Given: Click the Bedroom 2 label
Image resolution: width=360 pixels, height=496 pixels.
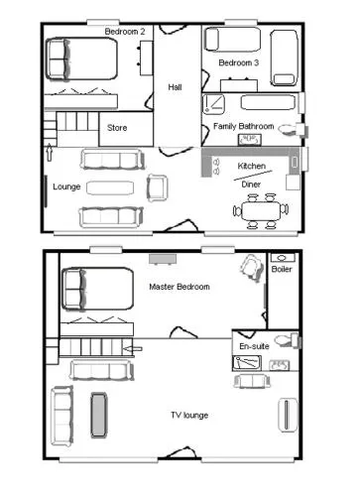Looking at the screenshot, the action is (125, 32).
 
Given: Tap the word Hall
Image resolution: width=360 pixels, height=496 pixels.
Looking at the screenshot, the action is (175, 87).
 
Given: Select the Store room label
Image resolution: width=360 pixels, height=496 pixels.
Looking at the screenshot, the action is (117, 128).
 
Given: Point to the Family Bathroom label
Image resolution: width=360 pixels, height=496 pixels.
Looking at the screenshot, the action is (244, 126).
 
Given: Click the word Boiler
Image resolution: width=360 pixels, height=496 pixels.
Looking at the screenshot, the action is (282, 269).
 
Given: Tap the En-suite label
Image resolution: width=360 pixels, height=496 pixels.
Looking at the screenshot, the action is (254, 346).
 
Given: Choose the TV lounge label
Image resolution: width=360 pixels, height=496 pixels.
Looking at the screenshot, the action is (189, 416).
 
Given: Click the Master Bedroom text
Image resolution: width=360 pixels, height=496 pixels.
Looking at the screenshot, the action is (180, 287).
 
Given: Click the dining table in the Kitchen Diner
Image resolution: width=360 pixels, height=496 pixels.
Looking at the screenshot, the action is (261, 210).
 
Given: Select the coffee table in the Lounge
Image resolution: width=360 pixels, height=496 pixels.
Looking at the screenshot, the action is (110, 187).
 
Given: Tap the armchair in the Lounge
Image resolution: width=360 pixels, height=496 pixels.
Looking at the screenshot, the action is (157, 187).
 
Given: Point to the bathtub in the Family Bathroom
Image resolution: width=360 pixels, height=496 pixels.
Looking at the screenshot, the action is (268, 102).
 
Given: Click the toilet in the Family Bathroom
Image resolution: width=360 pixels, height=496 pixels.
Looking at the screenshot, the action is (293, 129).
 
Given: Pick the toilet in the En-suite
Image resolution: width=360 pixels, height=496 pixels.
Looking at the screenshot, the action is (288, 340).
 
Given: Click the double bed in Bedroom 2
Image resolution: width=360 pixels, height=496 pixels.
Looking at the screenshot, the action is (81, 59).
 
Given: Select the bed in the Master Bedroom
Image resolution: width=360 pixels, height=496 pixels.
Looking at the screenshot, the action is (97, 289).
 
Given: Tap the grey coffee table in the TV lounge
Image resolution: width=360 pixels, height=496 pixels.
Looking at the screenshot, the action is (99, 416).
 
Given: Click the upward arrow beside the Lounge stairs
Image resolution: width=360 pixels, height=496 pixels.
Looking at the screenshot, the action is (50, 153).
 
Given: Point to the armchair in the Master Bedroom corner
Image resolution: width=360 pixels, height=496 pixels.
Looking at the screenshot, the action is (252, 267).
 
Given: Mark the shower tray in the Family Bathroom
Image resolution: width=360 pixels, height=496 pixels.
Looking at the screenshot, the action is (213, 104).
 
